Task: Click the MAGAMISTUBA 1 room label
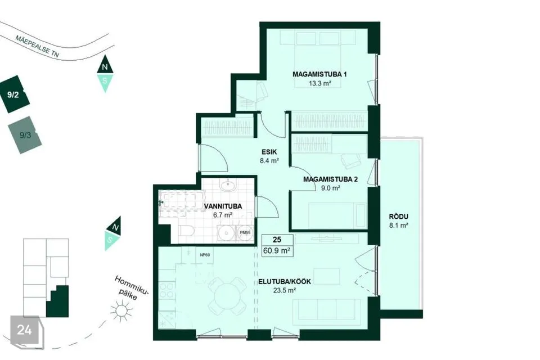(x=319, y=74)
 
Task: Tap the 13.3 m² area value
(x=320, y=83)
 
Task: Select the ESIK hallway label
(x=269, y=152)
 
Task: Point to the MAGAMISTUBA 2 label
(x=330, y=179)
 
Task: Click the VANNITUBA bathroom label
(x=223, y=206)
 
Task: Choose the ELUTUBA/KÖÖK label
(x=285, y=281)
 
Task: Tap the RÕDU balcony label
(x=398, y=217)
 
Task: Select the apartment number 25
(x=277, y=240)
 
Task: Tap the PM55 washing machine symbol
(x=245, y=233)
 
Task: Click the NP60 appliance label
(x=205, y=255)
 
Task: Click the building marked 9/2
(x=15, y=94)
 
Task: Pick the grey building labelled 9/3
(x=25, y=135)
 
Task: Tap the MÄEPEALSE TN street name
(x=37, y=46)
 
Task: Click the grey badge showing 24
(x=25, y=330)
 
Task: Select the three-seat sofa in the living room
(x=327, y=311)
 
